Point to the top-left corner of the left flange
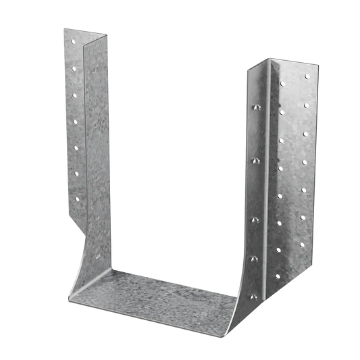click(62, 27)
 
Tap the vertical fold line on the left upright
click(82, 135)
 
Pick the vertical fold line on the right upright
click(269, 169)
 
